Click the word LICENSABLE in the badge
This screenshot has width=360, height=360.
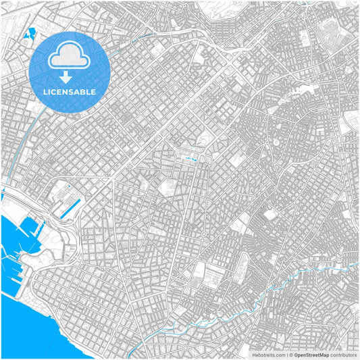[x=70, y=92]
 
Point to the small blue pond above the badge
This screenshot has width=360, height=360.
[x=30, y=34]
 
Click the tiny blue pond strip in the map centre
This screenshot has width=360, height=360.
[x=191, y=159]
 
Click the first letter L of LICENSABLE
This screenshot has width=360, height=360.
[x=45, y=92]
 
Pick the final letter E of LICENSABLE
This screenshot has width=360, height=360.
[x=94, y=92]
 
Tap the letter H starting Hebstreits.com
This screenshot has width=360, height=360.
[x=255, y=354]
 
